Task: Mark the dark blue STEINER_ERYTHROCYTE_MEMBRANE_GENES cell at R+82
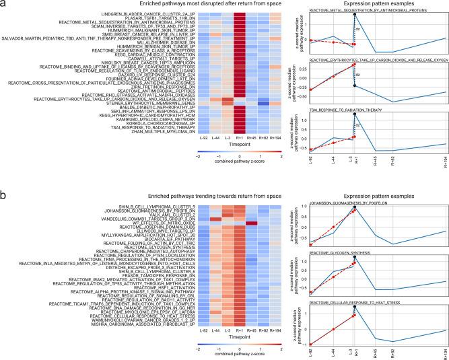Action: point(263,103)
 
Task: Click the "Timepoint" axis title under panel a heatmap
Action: point(240,144)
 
